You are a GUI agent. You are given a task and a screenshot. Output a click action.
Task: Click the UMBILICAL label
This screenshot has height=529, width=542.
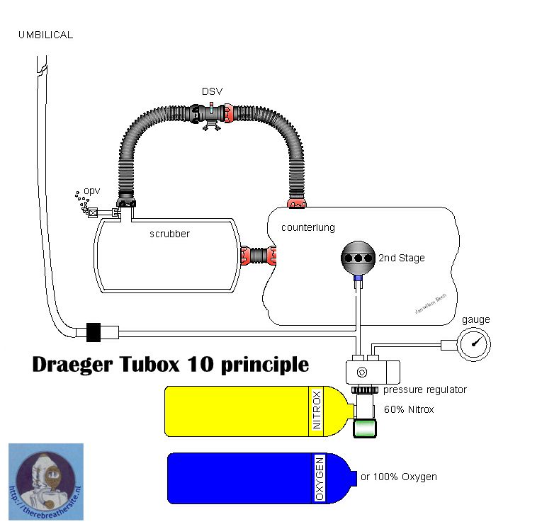(x=45, y=35)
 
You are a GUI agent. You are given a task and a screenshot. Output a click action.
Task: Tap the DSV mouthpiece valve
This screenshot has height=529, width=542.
(x=210, y=114)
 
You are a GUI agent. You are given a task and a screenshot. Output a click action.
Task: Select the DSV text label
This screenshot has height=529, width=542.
(x=212, y=92)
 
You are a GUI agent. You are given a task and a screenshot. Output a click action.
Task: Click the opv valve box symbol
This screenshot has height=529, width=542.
(x=93, y=212)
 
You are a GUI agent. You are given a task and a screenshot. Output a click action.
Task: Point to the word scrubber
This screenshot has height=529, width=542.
(x=169, y=234)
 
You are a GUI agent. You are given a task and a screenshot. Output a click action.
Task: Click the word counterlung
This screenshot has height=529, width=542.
(x=307, y=227)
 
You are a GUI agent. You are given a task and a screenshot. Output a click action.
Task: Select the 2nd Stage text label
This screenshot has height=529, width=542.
(x=401, y=258)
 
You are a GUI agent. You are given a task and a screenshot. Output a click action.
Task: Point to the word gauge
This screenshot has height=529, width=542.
(x=476, y=319)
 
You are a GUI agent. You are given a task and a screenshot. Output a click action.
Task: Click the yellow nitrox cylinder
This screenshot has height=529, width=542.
(x=255, y=410)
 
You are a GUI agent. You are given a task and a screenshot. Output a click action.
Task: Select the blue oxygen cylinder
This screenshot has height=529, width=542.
(x=255, y=477)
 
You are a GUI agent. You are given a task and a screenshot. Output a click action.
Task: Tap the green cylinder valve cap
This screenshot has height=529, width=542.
(x=365, y=428)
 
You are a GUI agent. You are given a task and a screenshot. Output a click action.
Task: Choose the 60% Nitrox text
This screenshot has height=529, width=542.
(x=409, y=409)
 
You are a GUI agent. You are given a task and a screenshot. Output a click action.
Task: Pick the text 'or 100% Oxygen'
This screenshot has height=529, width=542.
(x=398, y=477)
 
